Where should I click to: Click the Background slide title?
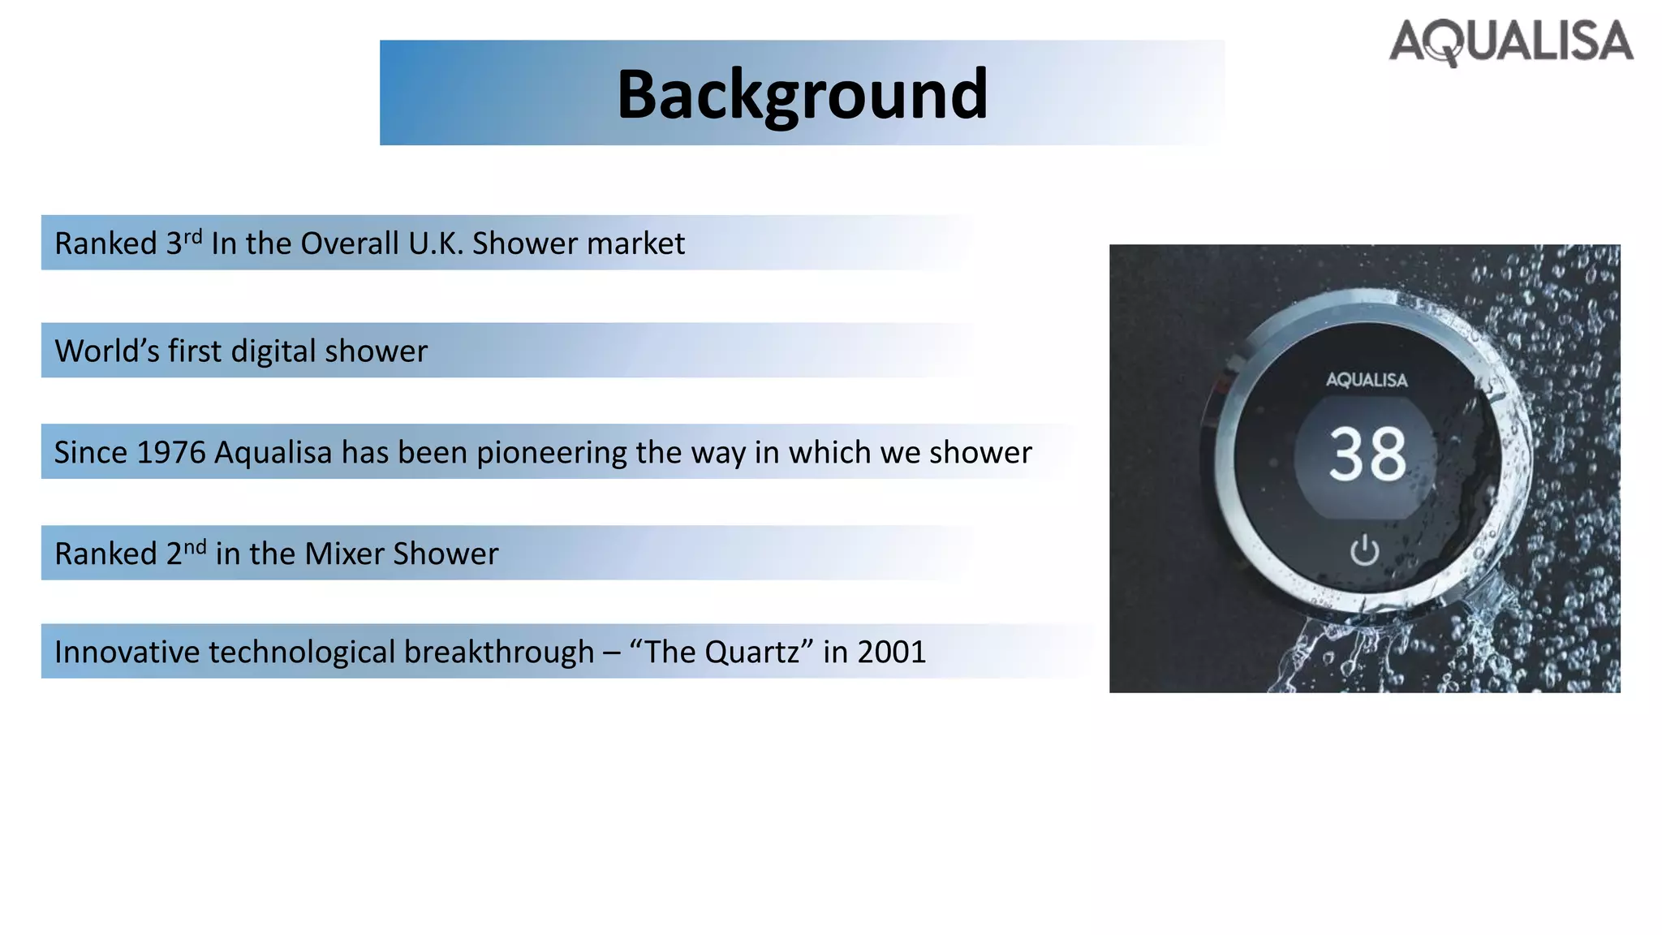click(802, 94)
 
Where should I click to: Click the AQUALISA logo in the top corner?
click(1511, 42)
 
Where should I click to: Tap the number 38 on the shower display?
click(1367, 455)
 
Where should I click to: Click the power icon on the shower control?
click(1364, 550)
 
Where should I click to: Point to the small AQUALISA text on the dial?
click(1367, 380)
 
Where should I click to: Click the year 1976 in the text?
click(170, 453)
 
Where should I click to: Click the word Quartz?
click(751, 653)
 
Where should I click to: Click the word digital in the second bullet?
click(273, 351)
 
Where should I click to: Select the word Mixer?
click(344, 554)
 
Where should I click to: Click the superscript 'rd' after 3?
click(192, 236)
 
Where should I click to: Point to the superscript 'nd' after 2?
click(195, 546)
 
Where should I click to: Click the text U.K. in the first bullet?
click(436, 243)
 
